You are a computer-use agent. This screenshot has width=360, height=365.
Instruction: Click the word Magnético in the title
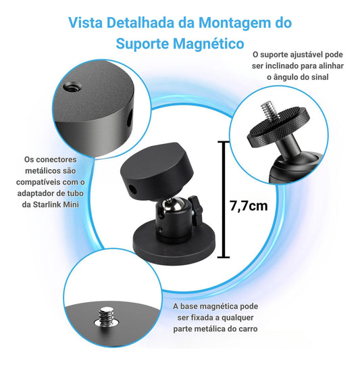click(209, 43)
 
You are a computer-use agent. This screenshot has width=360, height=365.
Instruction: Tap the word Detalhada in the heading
click(140, 22)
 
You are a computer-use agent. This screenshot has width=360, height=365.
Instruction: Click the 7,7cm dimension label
click(249, 205)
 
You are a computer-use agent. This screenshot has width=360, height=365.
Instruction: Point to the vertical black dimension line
click(224, 199)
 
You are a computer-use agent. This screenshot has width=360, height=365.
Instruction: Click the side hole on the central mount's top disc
click(133, 189)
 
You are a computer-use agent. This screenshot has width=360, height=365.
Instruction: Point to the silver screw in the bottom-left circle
click(107, 318)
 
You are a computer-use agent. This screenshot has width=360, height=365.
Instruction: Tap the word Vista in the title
click(85, 22)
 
